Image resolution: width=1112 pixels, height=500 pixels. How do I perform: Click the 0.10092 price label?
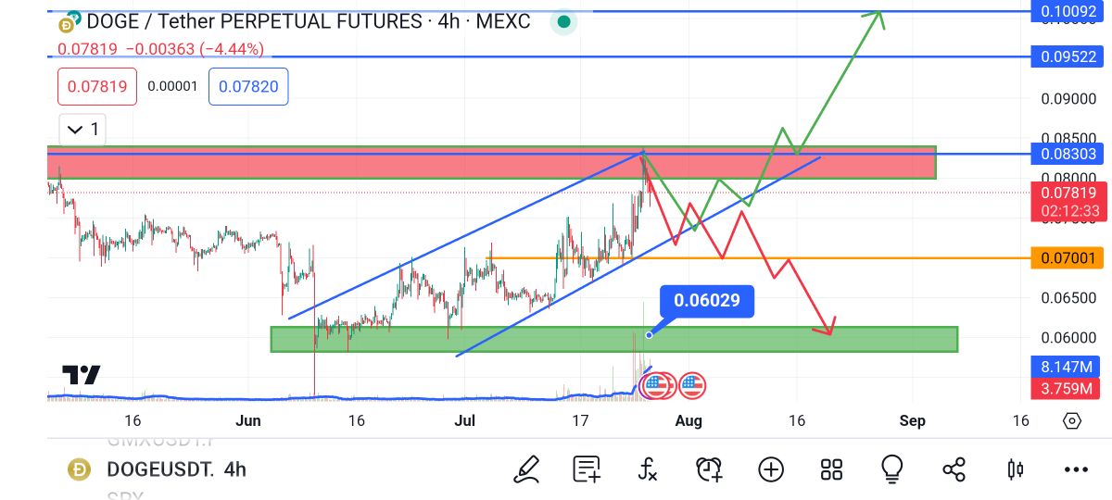1066,12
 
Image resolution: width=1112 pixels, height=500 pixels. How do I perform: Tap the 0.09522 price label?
1066,57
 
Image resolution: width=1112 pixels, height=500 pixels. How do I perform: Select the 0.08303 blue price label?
1066,154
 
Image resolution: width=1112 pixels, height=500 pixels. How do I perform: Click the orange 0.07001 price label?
1066,258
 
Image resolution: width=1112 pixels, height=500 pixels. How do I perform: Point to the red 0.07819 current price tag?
1066,194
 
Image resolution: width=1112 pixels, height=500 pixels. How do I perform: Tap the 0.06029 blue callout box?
706,301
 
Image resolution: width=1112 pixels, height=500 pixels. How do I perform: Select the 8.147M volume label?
1066,366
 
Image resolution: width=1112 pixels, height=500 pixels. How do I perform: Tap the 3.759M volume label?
1066,388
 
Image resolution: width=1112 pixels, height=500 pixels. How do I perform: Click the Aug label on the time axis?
689,421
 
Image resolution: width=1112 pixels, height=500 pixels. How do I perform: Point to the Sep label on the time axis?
912,421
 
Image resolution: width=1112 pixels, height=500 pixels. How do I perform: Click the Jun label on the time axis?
248,421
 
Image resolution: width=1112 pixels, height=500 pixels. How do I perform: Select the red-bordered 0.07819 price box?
97,87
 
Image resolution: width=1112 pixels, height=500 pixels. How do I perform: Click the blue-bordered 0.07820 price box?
248,87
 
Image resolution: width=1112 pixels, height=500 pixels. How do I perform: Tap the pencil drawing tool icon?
527,469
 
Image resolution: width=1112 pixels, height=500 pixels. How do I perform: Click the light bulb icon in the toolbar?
892,469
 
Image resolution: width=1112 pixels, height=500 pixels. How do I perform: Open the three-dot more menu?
1075,469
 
